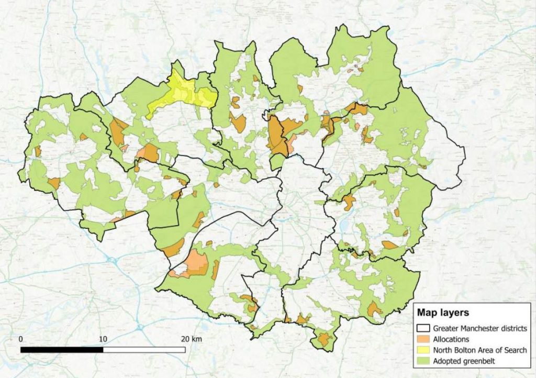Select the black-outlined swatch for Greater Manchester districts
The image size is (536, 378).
click(423, 328)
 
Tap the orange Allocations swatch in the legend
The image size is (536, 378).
click(423, 339)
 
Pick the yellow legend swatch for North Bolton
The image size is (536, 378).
click(423, 350)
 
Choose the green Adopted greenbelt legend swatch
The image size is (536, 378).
click(423, 360)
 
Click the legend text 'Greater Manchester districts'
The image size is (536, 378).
click(479, 328)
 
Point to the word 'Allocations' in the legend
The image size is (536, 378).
click(452, 339)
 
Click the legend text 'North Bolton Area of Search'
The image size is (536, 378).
click(479, 350)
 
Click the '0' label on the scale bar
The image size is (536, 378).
click(21, 339)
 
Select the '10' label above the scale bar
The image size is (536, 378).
click(103, 339)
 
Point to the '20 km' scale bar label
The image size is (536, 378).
click(190, 339)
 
